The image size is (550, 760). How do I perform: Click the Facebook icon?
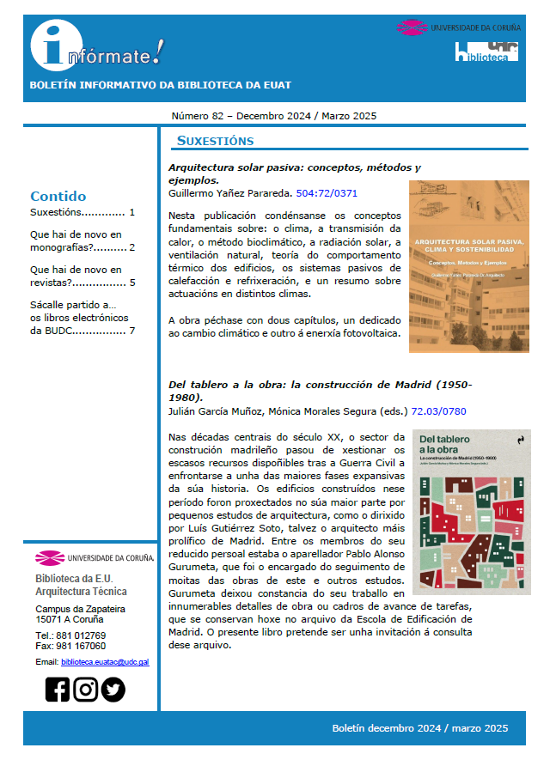[x=58, y=690]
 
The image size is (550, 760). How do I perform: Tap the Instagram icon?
[x=85, y=690]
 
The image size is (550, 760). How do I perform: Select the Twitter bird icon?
[x=113, y=690]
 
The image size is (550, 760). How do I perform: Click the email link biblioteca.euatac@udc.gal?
[x=105, y=662]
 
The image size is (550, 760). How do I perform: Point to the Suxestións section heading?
[x=215, y=141]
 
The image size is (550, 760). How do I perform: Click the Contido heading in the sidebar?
[x=58, y=196]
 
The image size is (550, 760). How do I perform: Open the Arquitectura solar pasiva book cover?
[x=468, y=266]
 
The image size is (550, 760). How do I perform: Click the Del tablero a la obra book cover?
[x=471, y=512]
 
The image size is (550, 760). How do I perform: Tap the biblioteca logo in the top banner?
[x=486, y=52]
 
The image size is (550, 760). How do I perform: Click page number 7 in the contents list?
[x=131, y=331]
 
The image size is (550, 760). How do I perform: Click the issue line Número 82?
[x=273, y=116]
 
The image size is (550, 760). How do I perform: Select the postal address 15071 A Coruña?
[x=69, y=618]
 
